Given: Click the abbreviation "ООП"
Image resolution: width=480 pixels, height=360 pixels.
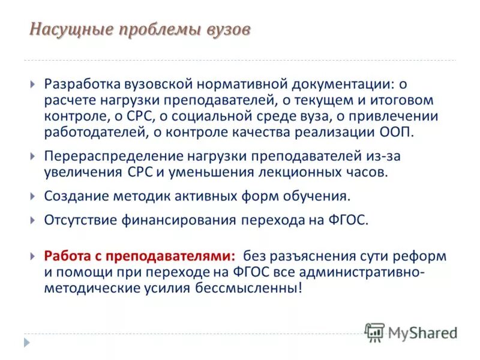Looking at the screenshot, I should pos(397,131).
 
